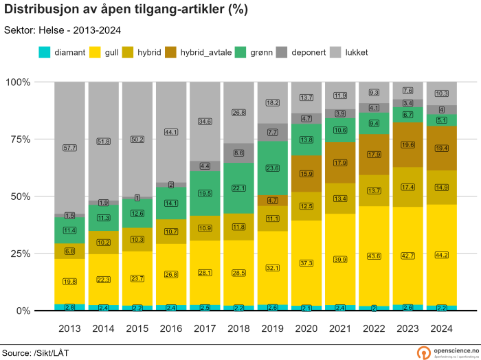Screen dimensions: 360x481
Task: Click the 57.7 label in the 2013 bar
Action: pyautogui.click(x=70, y=148)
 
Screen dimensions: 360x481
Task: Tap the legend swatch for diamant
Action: pyautogui.click(x=45, y=52)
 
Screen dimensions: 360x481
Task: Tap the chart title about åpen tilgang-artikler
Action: pyautogui.click(x=126, y=10)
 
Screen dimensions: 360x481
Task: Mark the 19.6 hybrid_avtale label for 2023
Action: pyautogui.click(x=407, y=144)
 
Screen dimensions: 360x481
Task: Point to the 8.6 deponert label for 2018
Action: pyautogui.click(x=239, y=153)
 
